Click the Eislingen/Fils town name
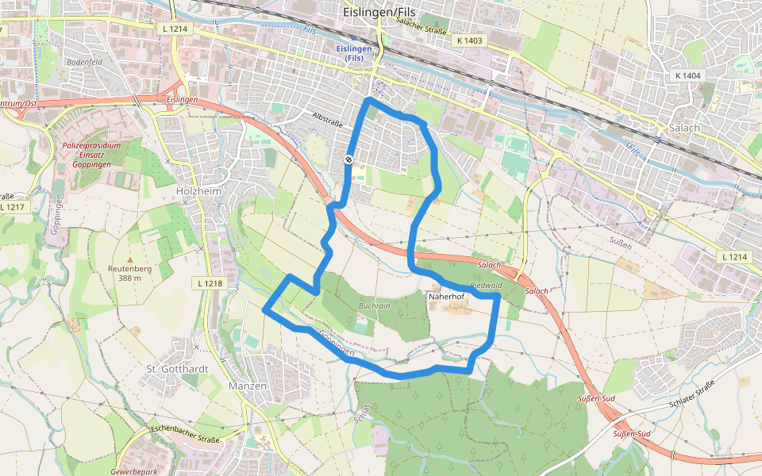(379, 13)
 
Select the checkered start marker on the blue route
(348, 160)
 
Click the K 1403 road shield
(469, 39)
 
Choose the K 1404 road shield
(687, 75)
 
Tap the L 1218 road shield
(209, 283)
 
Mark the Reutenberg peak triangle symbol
(130, 260)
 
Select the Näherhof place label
(445, 296)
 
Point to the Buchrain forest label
(374, 305)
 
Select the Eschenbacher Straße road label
(187, 435)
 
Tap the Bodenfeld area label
(85, 61)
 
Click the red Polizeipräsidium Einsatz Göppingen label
(91, 155)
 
